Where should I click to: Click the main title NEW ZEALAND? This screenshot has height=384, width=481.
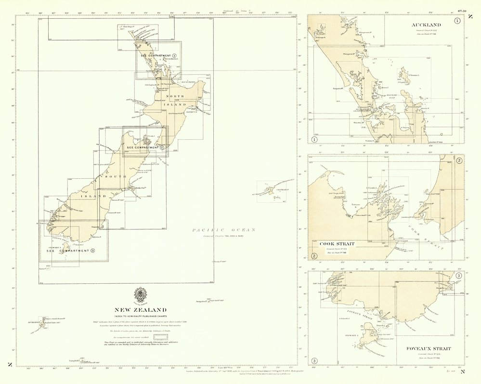click(x=140, y=310)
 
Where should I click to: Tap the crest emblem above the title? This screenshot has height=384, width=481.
click(x=140, y=295)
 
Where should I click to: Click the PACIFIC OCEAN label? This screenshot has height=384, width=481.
click(x=224, y=230)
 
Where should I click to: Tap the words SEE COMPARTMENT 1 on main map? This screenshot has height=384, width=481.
click(x=156, y=56)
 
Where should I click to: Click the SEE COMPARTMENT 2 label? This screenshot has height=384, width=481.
click(x=143, y=146)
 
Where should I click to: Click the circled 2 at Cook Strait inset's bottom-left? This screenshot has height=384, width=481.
click(x=314, y=256)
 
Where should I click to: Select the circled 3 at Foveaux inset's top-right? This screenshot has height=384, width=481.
click(x=458, y=276)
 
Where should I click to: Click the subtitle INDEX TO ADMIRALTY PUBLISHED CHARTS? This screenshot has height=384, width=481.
click(x=140, y=316)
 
